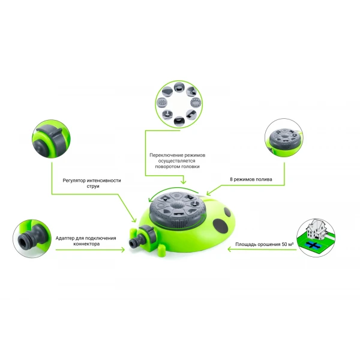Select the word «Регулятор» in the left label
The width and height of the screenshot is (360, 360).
coord(76,180)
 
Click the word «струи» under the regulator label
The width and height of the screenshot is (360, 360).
coord(92,187)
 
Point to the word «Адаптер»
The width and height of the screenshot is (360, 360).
coord(67,238)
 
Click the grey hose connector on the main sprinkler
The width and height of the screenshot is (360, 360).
coord(137,242)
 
